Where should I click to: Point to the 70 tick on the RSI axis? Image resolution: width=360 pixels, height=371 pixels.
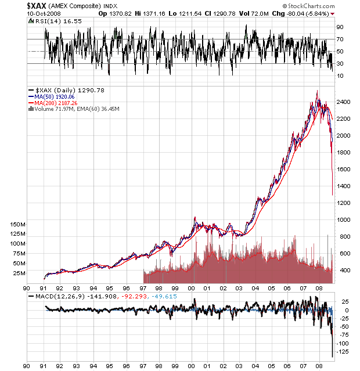click(340, 39)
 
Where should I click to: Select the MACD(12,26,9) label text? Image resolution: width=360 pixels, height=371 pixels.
click(53, 296)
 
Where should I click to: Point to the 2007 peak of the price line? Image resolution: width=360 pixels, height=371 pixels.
click(317, 91)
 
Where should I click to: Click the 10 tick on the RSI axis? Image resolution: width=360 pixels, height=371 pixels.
click(340, 75)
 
